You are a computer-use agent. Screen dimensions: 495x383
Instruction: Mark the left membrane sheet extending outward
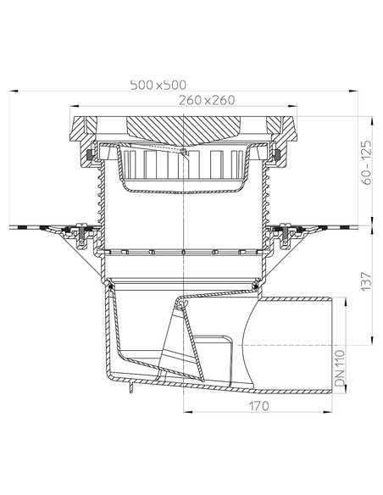[34, 226]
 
